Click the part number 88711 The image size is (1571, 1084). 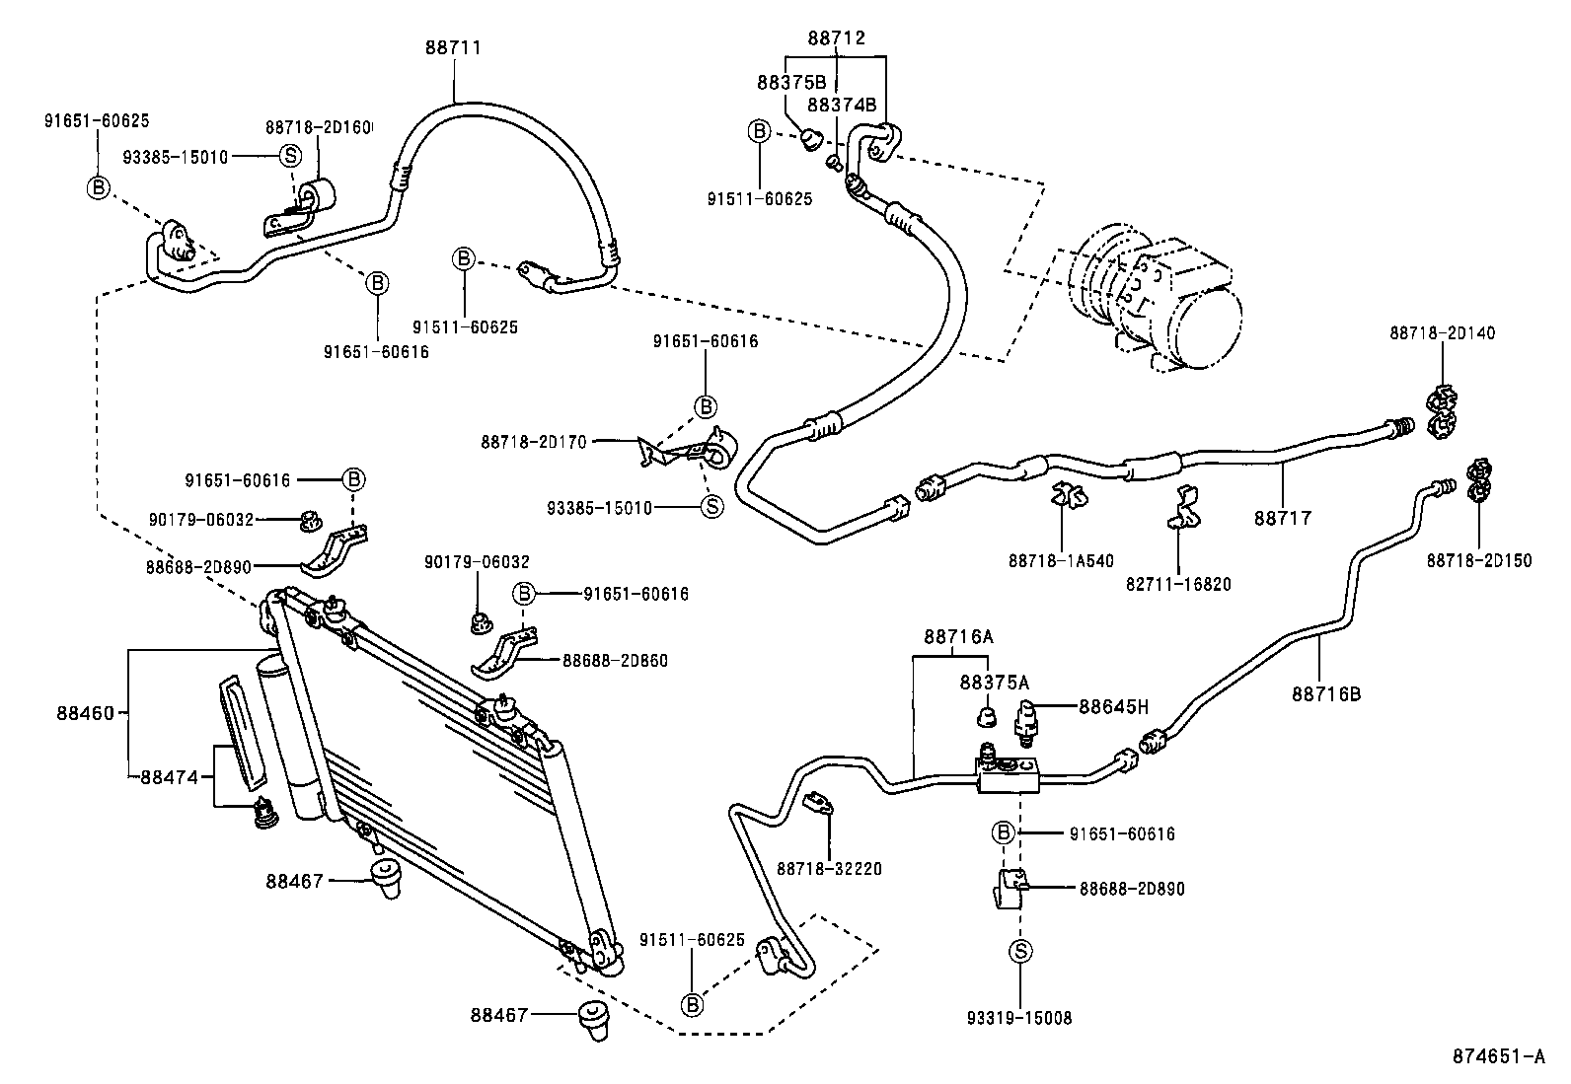453,45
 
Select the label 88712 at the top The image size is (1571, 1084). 836,37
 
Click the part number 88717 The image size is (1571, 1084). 1283,517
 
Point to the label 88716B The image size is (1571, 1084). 1325,693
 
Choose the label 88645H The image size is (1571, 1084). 1114,706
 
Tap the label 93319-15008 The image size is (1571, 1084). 1019,1017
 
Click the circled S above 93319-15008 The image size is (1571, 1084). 1020,951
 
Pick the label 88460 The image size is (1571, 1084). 86,710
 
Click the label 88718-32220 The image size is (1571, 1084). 829,868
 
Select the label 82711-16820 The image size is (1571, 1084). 1178,584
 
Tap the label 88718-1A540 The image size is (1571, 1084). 1061,561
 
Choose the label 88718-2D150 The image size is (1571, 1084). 1478,560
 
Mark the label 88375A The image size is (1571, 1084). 994,682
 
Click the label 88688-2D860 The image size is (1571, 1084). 615,660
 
